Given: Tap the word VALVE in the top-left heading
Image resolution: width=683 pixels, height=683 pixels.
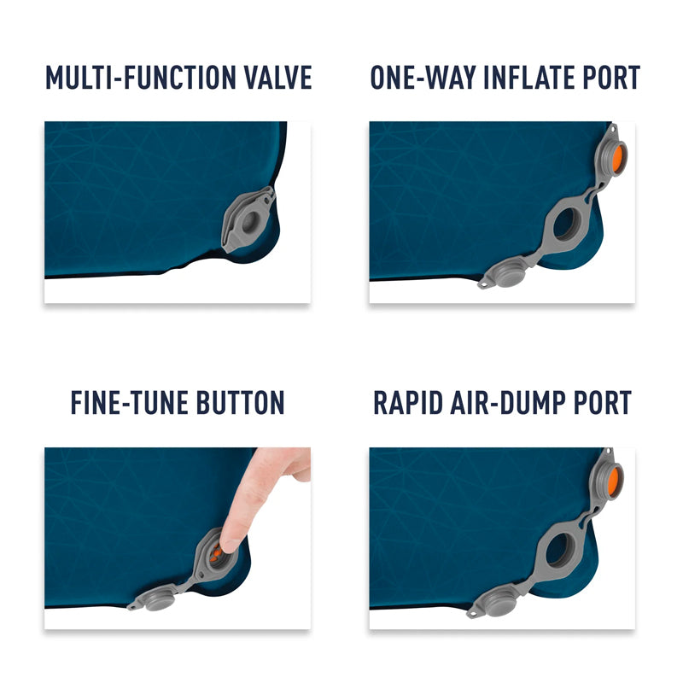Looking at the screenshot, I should pyautogui.click(x=278, y=78).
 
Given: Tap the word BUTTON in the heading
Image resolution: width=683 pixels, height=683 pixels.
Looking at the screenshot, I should pyautogui.click(x=244, y=402).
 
